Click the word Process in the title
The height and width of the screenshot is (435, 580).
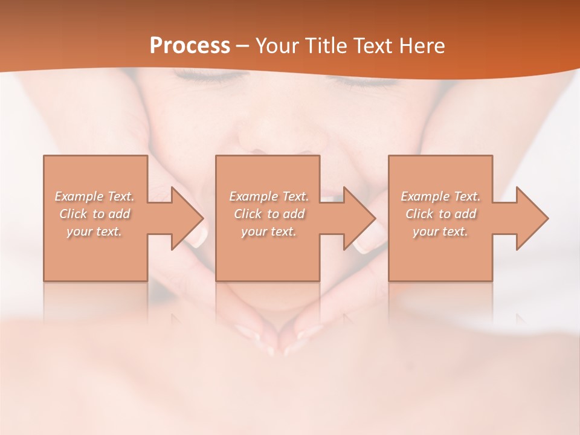[190, 46]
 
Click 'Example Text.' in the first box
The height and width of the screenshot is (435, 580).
[94, 196]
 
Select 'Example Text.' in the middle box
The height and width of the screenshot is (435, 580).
[269, 196]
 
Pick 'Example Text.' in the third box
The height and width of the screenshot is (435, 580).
[440, 196]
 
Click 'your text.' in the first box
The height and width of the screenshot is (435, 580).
[94, 231]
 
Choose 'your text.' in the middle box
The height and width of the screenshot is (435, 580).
[269, 231]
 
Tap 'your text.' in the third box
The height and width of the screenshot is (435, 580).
[440, 231]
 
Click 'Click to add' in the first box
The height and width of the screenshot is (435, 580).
[94, 214]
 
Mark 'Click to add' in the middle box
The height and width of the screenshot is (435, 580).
[269, 214]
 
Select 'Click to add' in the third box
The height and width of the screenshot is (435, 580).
[440, 214]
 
